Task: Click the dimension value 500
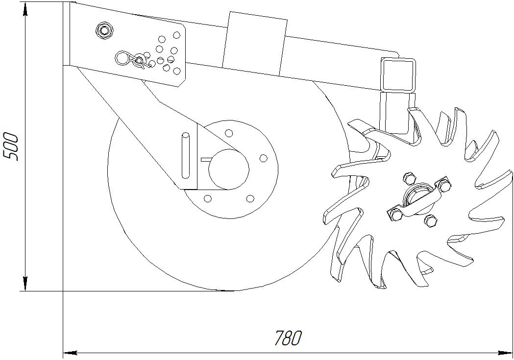pos(11,146)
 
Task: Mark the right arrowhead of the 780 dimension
pos(507,352)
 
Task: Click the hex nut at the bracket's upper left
pos(103,30)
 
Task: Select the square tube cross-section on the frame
pos(398,74)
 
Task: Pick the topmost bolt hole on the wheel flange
pos(229,133)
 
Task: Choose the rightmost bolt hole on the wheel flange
pos(263,158)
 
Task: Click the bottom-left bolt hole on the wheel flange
pos(207,198)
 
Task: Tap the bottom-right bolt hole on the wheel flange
pos(250,198)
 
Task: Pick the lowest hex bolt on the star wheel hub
pos(431,221)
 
